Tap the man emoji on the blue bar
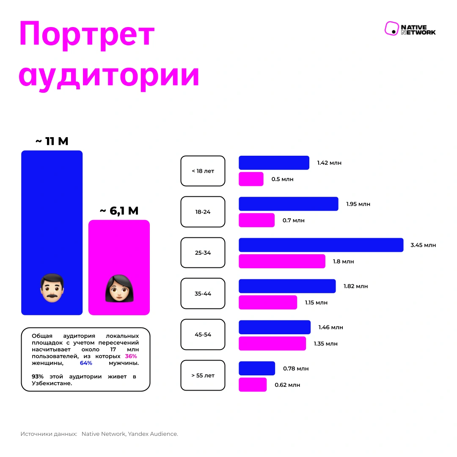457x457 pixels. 52,288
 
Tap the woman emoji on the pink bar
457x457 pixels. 119,288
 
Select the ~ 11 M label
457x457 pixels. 52,141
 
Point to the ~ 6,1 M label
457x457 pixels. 119,210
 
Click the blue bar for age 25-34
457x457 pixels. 321,245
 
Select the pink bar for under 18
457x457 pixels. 251,179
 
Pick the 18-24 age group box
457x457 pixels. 203,212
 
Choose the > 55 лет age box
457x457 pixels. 203,375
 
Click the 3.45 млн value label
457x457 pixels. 423,245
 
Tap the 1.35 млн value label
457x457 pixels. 325,344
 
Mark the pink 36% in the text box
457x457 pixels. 131,356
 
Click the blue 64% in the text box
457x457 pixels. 86,363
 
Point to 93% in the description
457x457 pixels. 38,376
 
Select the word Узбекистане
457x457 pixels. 52,383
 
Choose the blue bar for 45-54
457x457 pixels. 274,327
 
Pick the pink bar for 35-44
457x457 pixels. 267,302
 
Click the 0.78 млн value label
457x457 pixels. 296,369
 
